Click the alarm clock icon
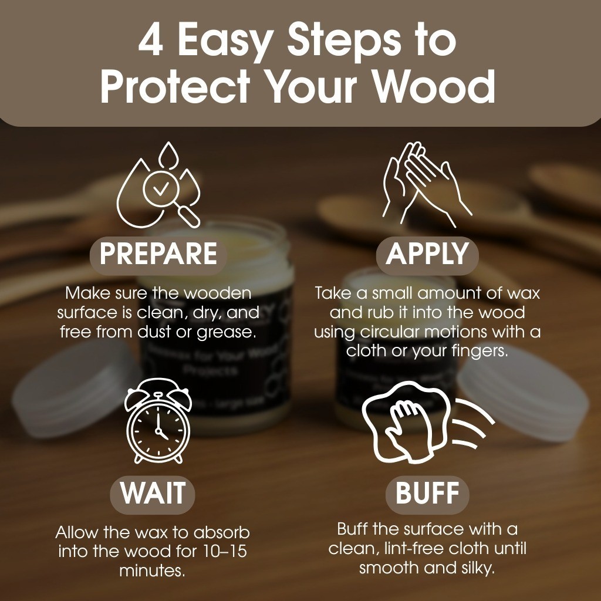[158, 420]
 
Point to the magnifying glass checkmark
[161, 187]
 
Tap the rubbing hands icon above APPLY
[427, 184]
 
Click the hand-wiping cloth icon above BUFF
[427, 422]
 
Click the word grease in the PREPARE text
[227, 333]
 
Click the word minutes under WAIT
[153, 570]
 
